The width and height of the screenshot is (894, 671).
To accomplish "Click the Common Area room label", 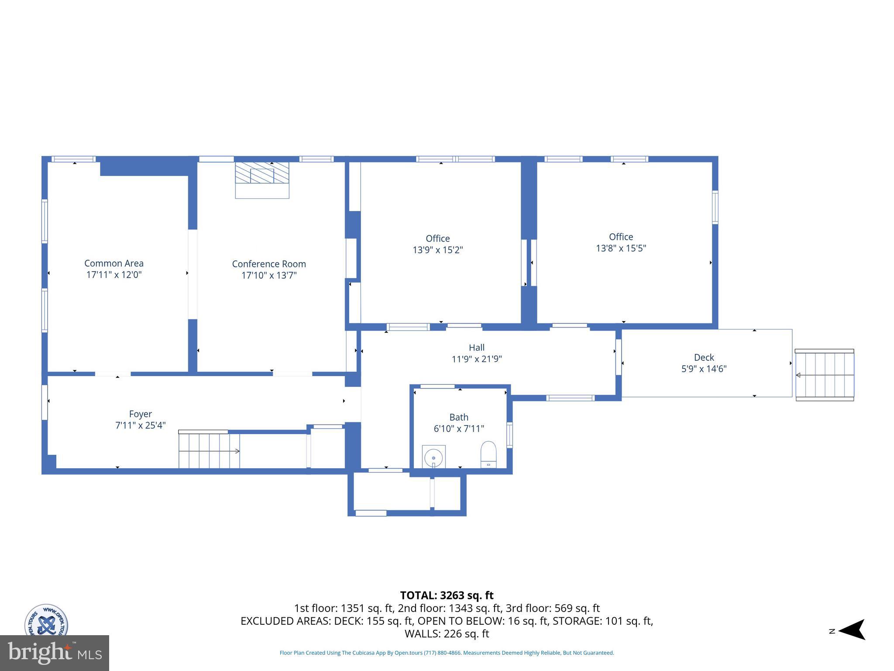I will [x=114, y=263].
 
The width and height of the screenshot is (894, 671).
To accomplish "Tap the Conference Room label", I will [x=269, y=264].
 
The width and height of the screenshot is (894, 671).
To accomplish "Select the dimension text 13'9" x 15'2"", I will [x=438, y=250].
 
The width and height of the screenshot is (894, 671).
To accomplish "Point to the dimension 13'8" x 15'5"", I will [x=621, y=248].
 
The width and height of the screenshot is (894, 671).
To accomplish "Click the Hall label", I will [x=477, y=348].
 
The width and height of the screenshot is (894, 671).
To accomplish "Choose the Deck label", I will [x=704, y=357].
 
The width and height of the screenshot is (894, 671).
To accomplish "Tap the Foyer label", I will [x=140, y=414].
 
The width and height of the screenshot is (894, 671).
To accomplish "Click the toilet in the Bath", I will [x=488, y=454].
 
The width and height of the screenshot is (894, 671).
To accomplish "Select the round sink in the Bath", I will [x=433, y=458].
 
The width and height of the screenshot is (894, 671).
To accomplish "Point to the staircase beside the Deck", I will [x=824, y=375].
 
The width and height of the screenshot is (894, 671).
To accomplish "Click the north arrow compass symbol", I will [x=851, y=629].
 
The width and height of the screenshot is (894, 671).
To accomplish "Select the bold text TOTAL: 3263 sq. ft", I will [x=447, y=595].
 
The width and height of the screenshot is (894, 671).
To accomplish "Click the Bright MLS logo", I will [x=54, y=653].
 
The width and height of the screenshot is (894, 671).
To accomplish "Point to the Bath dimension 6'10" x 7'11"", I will [x=459, y=429].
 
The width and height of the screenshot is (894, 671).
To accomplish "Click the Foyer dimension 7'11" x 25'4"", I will [x=140, y=425].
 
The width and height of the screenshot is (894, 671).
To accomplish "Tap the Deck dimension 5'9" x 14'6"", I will [x=704, y=369].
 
